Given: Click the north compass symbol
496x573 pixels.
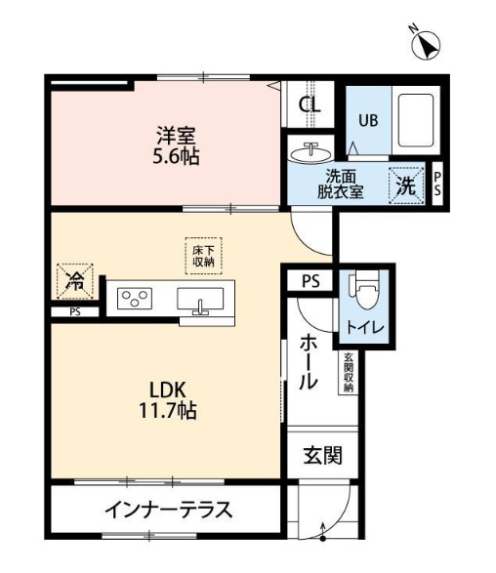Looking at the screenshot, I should click(x=428, y=44).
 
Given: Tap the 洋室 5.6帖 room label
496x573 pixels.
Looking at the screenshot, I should click(x=177, y=143).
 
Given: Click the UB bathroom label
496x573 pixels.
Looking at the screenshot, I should click(x=367, y=121).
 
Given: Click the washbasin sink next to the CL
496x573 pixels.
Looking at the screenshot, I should click(x=311, y=153).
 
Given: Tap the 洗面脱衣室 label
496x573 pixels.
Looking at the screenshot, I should click(x=343, y=184).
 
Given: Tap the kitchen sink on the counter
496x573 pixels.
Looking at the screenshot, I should click(x=201, y=300).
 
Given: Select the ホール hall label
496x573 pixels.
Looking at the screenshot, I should click(x=309, y=361).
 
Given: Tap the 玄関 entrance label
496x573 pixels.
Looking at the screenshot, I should click(x=320, y=455).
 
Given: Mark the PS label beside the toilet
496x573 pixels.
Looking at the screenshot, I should click(x=310, y=282).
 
